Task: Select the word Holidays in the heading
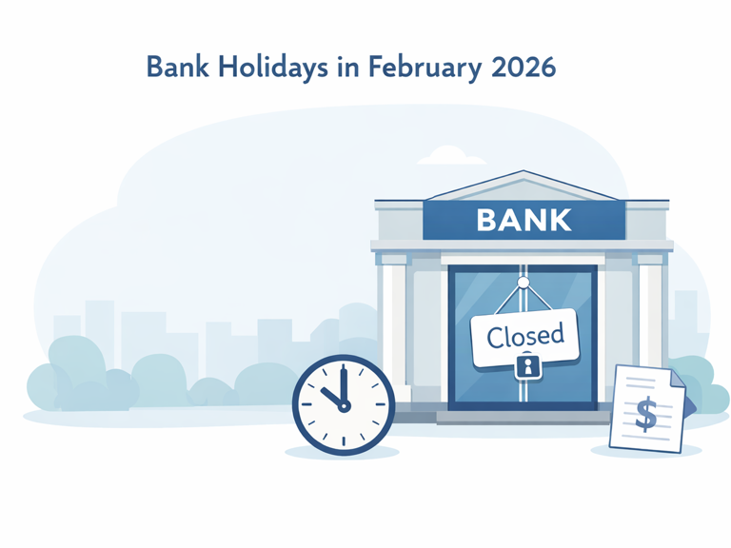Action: (274, 68)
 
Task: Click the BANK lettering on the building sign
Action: (524, 220)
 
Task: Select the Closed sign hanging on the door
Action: (524, 336)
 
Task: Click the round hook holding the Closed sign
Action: (523, 282)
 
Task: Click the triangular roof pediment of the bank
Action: (523, 186)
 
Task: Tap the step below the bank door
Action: (524, 416)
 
